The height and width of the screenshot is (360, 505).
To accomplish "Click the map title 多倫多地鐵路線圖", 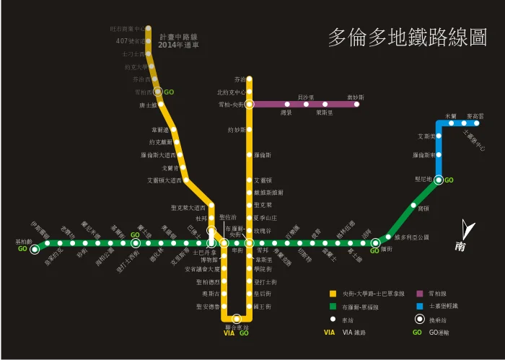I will coord(408,38).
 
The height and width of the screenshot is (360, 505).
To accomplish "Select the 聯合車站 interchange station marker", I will coord(237,318).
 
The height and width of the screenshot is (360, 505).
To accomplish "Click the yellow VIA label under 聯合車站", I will coord(229,333).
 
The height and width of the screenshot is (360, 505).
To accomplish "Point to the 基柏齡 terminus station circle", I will coord(35,249).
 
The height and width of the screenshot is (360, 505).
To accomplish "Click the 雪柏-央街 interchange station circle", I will coord(249,104).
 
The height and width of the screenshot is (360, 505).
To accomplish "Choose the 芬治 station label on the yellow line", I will coord(240,79).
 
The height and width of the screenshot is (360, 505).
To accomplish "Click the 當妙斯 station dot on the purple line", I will coord(356,104).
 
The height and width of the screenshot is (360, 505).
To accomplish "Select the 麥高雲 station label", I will coord(475,115).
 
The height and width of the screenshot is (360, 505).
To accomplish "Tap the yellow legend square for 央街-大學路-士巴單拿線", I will coord(333,294).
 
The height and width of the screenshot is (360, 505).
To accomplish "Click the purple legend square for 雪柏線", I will coord(419,294).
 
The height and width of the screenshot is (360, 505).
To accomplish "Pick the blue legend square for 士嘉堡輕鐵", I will coord(419,306).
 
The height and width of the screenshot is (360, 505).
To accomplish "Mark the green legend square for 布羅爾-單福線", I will coord(333,306).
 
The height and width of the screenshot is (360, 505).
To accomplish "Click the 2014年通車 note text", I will coord(177,45).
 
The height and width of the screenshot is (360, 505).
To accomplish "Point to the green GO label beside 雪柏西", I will coord(169,92).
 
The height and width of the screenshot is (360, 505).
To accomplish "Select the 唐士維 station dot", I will coord(164,105).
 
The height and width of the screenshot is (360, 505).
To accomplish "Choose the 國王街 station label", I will coord(263,307).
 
